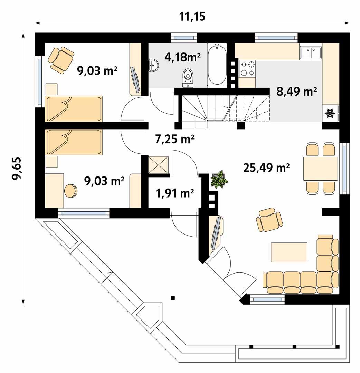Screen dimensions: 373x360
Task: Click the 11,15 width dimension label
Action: (192, 16)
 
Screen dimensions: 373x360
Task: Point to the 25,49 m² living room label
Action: (266, 168)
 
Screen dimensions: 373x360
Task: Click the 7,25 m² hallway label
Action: (174, 140)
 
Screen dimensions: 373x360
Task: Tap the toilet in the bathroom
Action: (188, 77)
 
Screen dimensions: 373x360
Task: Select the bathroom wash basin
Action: (154, 65)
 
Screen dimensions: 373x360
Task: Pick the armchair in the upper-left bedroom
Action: (61, 60)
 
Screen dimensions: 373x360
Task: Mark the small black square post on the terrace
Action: (173, 298)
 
